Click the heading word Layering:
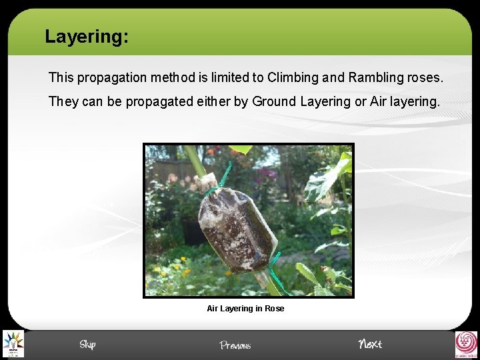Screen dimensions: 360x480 click(x=86, y=36)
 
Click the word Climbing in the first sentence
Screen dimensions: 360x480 click(x=292, y=77)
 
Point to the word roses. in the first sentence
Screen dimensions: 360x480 click(x=425, y=77)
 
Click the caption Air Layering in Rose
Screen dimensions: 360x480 click(x=245, y=309)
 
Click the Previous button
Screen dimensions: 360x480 click(x=235, y=345)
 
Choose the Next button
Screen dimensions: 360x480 click(x=370, y=344)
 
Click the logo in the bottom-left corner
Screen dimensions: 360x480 click(x=13, y=344)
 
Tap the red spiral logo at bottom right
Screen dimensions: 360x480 click(x=465, y=344)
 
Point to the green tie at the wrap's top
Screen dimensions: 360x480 click(x=214, y=189)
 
